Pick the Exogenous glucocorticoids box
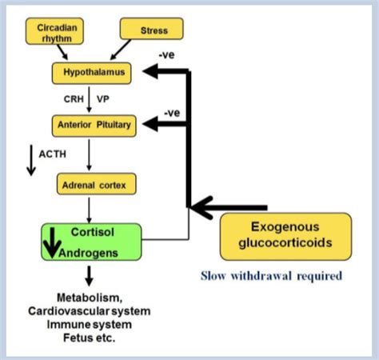(285, 236)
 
